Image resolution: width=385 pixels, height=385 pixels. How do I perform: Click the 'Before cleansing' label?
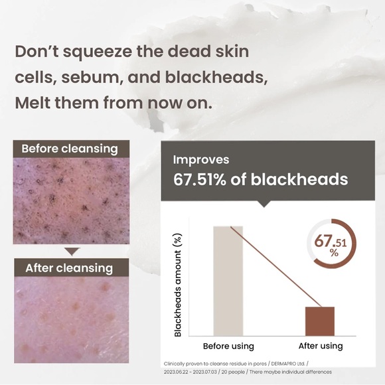click(x=70, y=148)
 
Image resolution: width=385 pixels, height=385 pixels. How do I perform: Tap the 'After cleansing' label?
click(x=69, y=268)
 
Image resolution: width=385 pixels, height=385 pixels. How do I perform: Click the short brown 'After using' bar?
click(x=320, y=321)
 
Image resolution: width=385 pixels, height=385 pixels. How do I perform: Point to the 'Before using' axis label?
click(x=228, y=346)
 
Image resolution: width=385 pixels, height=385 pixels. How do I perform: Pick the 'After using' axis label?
click(x=320, y=346)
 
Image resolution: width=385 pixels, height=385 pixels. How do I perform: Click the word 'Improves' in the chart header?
click(x=201, y=160)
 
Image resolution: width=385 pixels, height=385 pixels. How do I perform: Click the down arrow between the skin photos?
click(x=72, y=252)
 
